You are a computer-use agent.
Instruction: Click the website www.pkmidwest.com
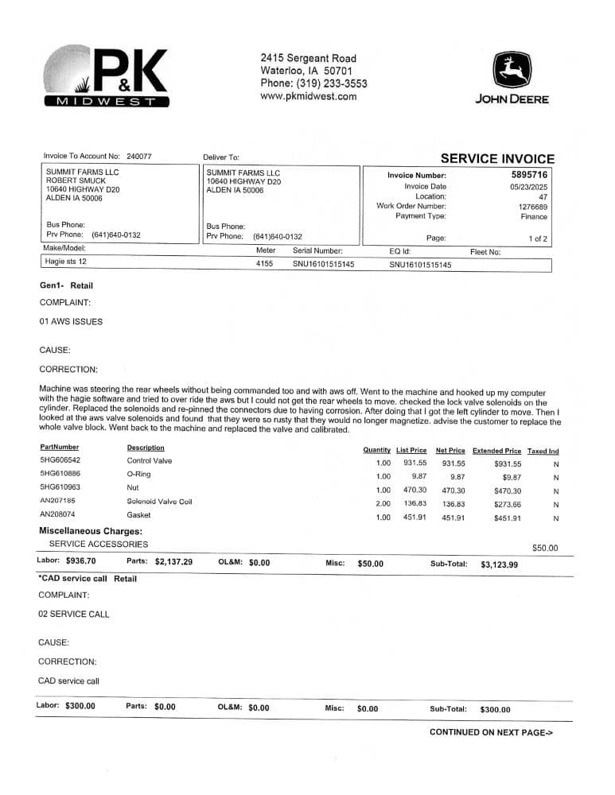tap(308, 97)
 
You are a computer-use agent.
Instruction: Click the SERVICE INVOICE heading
tap(497, 159)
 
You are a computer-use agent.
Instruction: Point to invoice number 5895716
tap(529, 175)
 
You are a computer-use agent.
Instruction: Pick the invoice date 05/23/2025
tap(528, 187)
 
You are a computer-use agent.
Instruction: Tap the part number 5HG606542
tap(60, 461)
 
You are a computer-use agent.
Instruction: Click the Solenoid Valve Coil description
tap(159, 502)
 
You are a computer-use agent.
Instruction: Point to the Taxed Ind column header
tap(543, 450)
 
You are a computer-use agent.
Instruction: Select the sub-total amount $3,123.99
tap(499, 564)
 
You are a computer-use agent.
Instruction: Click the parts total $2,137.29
tap(173, 562)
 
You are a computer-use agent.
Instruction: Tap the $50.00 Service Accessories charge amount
tap(545, 548)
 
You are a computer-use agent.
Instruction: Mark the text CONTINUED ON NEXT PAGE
tap(490, 732)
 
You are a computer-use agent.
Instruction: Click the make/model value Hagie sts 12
tap(66, 262)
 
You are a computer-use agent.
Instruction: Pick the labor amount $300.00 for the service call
tap(80, 706)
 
